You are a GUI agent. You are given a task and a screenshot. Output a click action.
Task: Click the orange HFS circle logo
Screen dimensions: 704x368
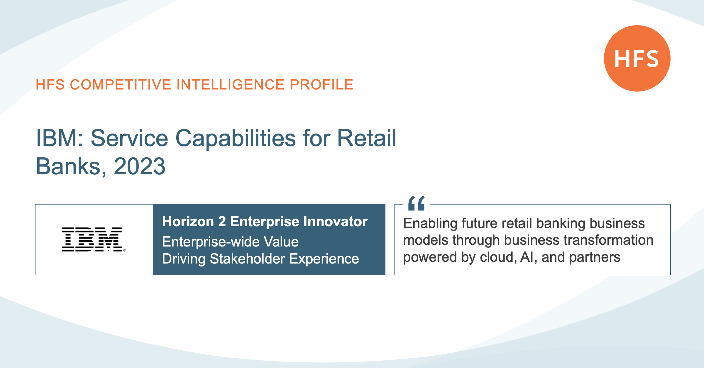pos(637,58)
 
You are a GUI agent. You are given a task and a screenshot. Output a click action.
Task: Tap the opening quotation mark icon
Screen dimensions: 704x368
pos(417,203)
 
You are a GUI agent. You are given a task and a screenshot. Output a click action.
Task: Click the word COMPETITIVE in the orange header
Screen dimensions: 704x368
pos(121,85)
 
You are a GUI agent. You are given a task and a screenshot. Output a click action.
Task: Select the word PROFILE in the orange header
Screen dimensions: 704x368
pos(321,85)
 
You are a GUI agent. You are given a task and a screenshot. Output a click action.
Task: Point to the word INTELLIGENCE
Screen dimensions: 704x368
pos(231,85)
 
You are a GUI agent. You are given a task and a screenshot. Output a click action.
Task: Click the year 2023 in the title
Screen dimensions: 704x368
pos(140,166)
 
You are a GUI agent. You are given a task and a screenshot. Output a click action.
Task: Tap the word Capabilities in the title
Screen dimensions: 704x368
pos(236,139)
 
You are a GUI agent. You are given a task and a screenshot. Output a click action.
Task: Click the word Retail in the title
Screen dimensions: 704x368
pos(367,138)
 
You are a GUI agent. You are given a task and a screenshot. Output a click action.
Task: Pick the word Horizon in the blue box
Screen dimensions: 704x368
pos(188,222)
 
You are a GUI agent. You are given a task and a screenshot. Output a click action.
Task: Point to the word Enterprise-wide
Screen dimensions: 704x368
pos(211,242)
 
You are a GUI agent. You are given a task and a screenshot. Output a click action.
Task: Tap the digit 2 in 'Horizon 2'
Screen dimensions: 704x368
pos(222,222)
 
